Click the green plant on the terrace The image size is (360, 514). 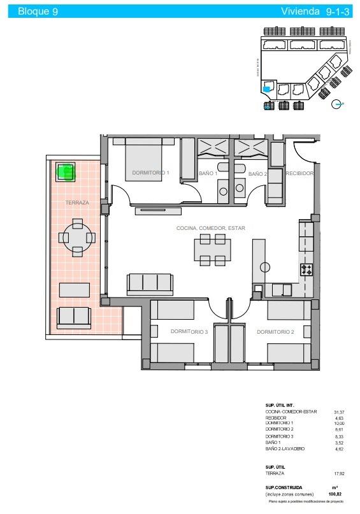pos(66,171)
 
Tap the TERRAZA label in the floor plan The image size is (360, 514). pos(77,203)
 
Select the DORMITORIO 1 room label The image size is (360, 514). pos(150,173)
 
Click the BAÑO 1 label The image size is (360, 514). pos(208,173)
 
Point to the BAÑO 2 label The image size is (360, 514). pos(257,173)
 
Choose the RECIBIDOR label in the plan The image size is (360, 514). pos(299,173)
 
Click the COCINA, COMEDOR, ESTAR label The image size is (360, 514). pos(211,228)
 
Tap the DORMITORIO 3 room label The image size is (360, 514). pos(189,332)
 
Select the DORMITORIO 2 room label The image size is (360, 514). pos(275,332)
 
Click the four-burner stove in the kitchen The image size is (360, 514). pos(306,269)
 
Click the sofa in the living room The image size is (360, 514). pos(150,283)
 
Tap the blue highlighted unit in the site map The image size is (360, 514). pos(267,90)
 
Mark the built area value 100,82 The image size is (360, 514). pos(334,494)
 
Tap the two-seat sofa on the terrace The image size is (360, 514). pos(74,315)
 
